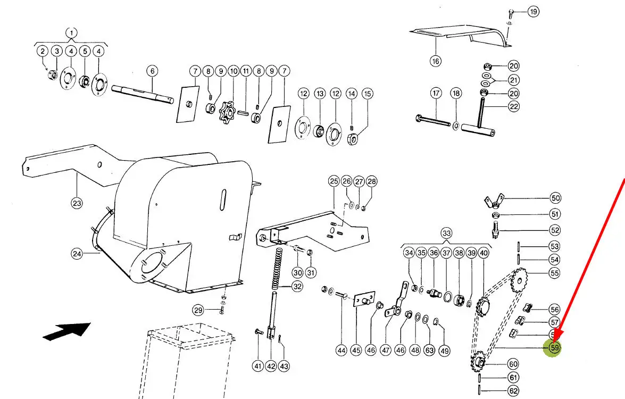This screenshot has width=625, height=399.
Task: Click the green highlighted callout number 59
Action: [x=555, y=348]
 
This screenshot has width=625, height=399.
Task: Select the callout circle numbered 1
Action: [x=71, y=32]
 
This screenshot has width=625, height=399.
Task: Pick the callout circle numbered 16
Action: [x=436, y=61]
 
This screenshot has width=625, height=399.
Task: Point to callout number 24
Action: [x=77, y=254]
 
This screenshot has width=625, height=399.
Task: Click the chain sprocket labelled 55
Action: [x=519, y=280]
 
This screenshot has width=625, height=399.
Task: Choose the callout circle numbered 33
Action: [x=446, y=234]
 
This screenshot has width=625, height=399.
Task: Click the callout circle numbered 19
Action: [x=533, y=11]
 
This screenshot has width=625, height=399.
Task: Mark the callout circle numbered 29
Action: [x=198, y=310]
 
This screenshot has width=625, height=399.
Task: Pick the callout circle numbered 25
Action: [x=334, y=181]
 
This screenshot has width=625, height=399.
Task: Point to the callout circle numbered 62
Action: [x=513, y=392]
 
